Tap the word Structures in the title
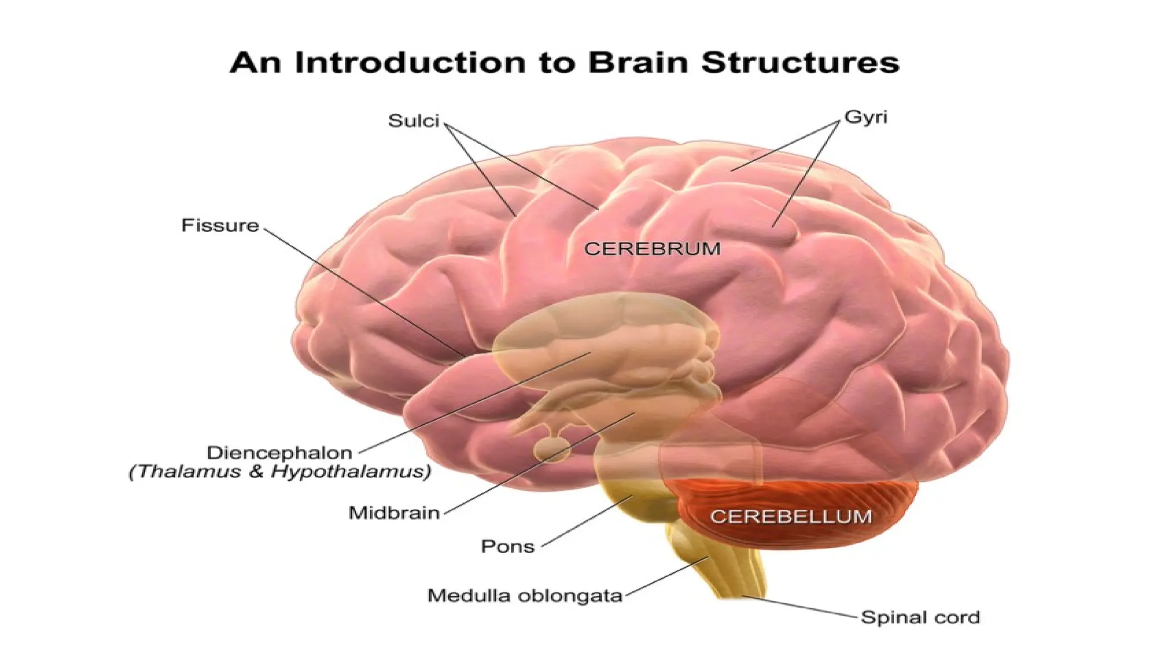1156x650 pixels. pos(800,62)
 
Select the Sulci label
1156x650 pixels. pos(413,121)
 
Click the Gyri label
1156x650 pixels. pos(866,117)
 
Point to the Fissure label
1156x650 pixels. pos(220,226)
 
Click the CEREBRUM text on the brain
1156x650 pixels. pos(652,249)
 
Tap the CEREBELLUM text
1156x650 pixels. pos(791,516)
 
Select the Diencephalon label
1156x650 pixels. pos(279,453)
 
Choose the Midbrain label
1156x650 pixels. pos(394,513)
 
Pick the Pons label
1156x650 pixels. pos(507,546)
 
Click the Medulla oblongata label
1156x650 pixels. pos(524,596)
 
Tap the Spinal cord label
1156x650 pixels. pos(920,617)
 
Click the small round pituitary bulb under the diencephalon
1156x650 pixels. pos(552,450)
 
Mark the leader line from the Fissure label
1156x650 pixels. pos(361,291)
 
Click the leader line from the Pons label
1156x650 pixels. pos(587,522)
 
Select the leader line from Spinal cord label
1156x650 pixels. pos(802,607)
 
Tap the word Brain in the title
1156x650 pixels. pos(638,62)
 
